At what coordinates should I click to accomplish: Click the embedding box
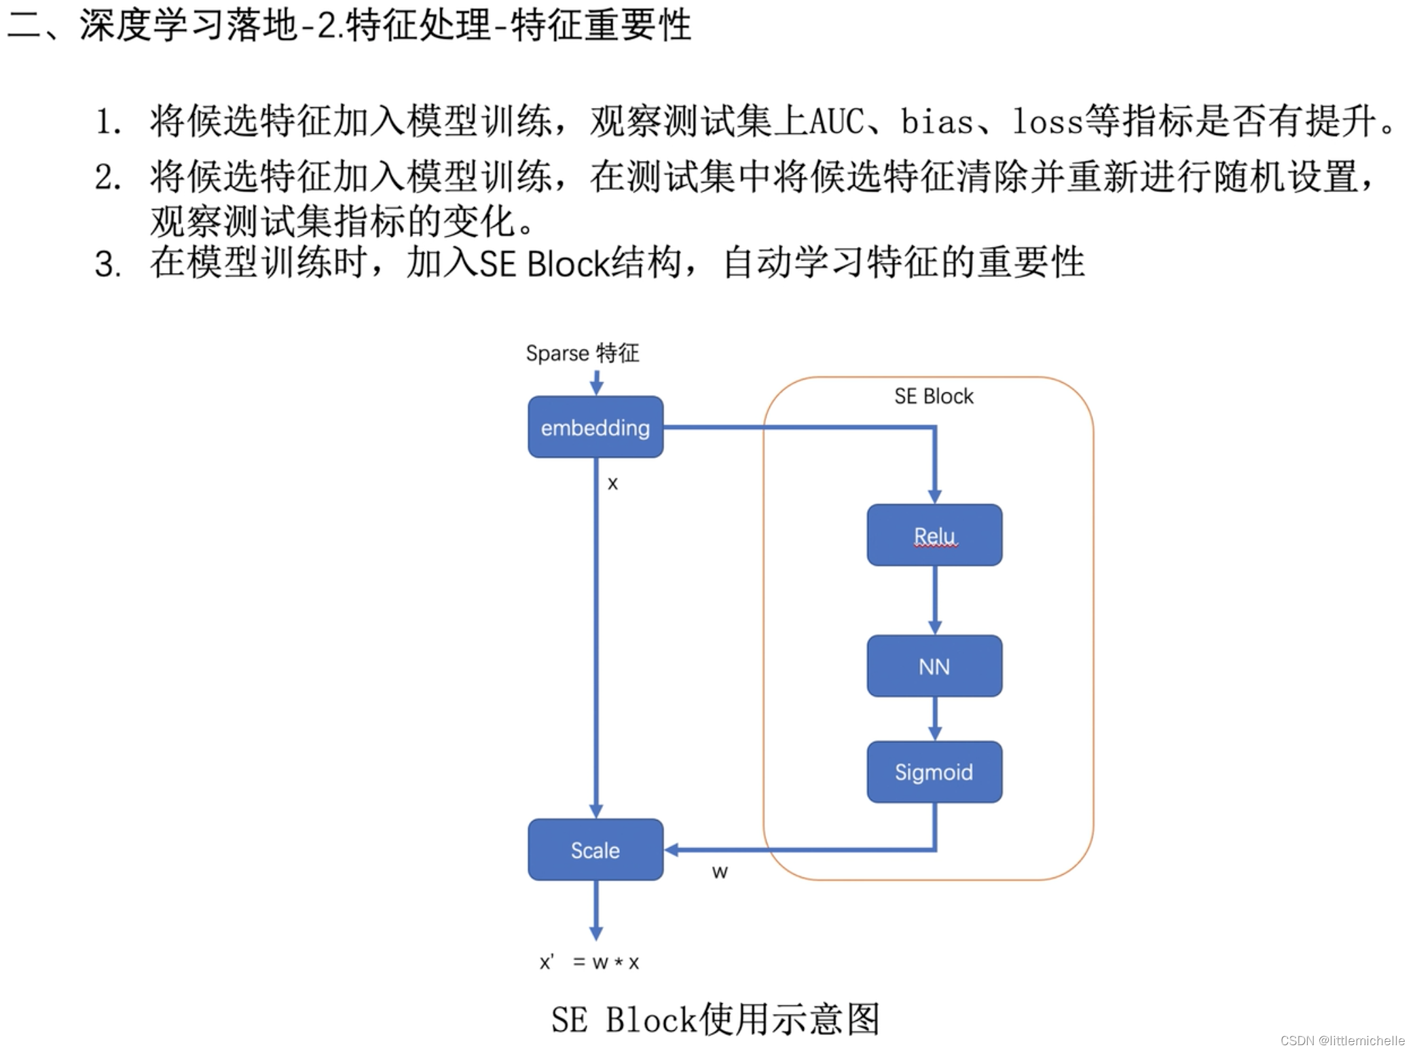[x=595, y=427]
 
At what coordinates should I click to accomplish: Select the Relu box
[x=934, y=535]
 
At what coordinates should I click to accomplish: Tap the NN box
[x=934, y=666]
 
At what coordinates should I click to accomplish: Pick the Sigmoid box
[x=934, y=772]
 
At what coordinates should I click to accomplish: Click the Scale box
[x=595, y=850]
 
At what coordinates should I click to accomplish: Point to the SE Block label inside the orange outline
[x=934, y=396]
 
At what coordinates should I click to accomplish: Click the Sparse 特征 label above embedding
[x=583, y=353]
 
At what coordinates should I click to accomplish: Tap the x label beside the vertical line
[x=612, y=484]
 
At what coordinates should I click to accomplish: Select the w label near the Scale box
[x=720, y=872]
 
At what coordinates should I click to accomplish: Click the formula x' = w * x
[x=589, y=962]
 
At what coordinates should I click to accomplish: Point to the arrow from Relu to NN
[x=935, y=600]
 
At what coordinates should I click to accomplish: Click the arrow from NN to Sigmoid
[x=935, y=719]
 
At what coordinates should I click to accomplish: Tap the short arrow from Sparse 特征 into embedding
[x=596, y=383]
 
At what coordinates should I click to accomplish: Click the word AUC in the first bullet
[x=837, y=121]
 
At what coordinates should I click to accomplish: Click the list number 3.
[x=108, y=265]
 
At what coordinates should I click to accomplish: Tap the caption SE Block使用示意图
[x=715, y=1019]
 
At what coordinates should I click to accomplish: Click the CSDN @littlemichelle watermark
[x=1342, y=1040]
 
